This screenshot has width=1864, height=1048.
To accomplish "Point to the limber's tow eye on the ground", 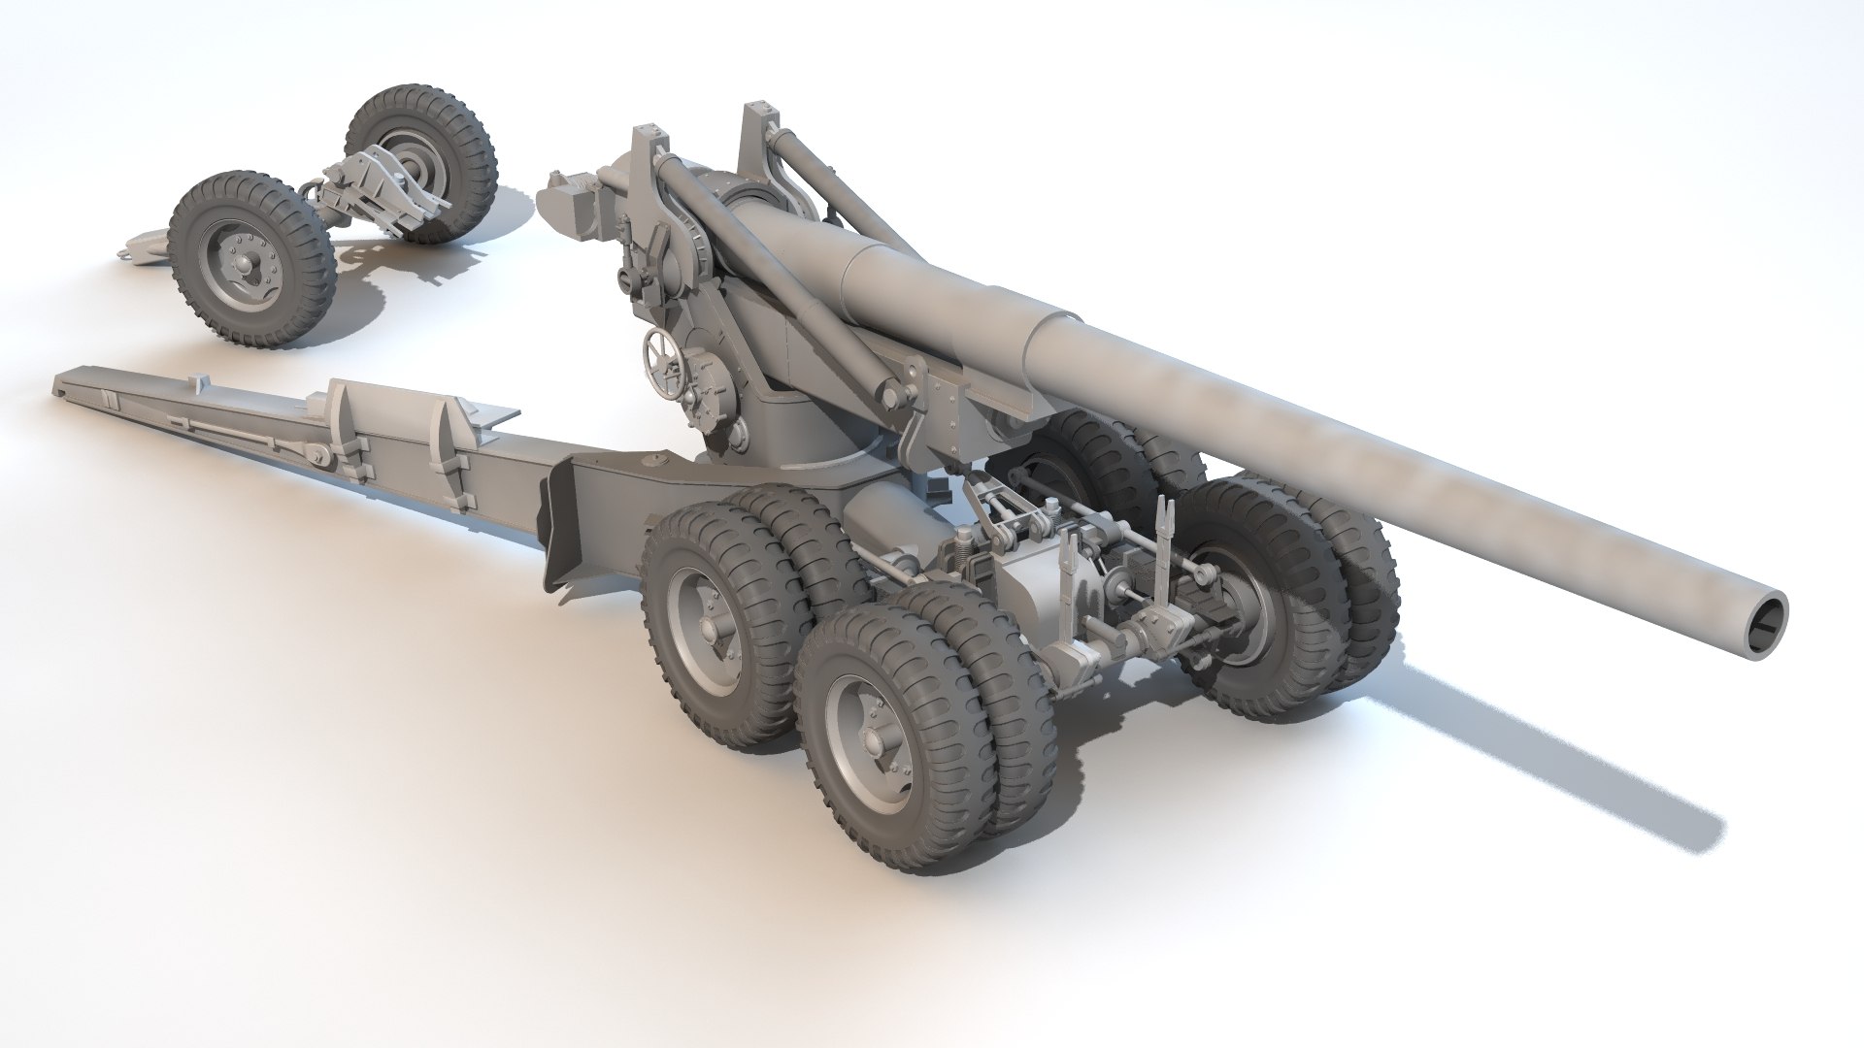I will tap(124, 254).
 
